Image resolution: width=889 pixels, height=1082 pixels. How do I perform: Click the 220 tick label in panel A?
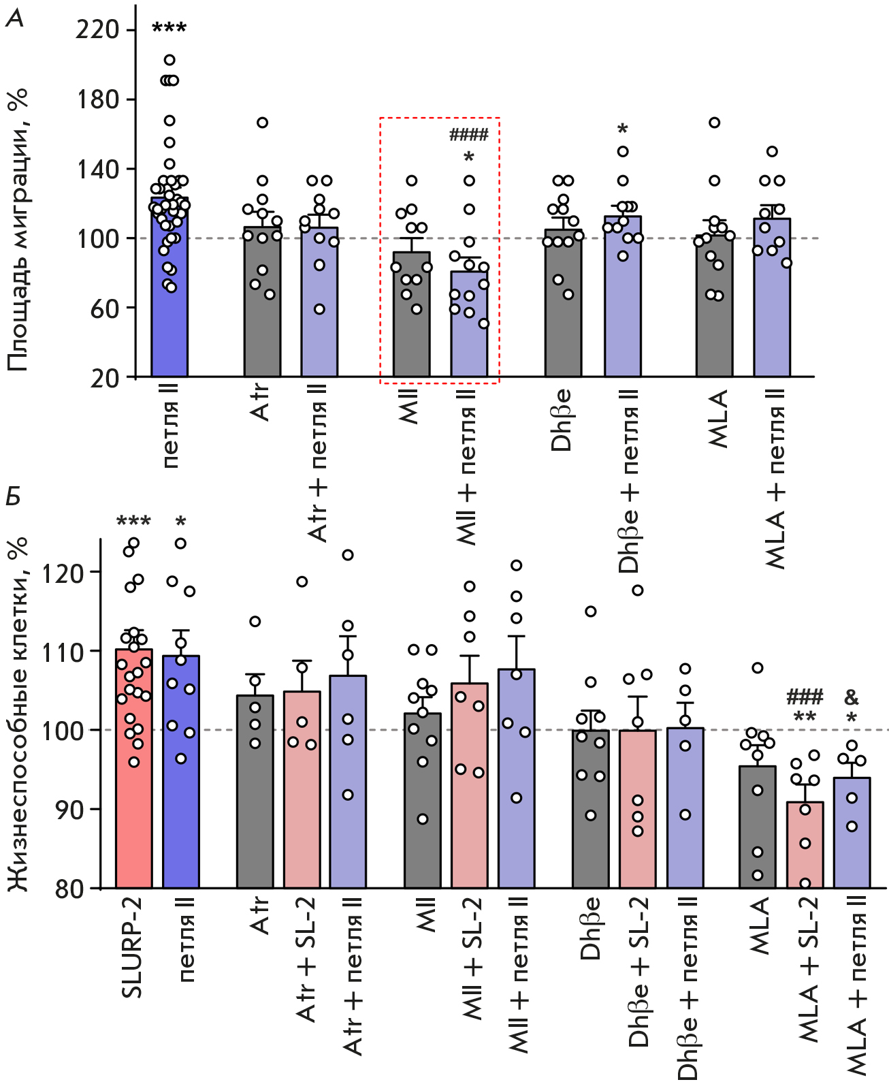97,30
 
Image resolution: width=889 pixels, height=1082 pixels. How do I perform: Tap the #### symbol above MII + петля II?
468,135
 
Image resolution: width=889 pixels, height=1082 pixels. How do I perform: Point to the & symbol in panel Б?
851,697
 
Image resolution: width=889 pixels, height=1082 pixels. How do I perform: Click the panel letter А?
14,19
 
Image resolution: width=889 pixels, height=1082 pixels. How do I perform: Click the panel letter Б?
14,496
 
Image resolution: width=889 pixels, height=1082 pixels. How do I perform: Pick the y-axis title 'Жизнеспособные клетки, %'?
18,715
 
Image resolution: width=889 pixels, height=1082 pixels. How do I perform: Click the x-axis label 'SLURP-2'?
132,947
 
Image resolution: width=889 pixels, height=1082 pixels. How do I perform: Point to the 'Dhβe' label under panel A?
562,420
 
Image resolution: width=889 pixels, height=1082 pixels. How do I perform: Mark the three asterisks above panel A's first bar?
169,29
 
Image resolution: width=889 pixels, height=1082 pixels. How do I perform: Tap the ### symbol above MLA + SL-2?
805,697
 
